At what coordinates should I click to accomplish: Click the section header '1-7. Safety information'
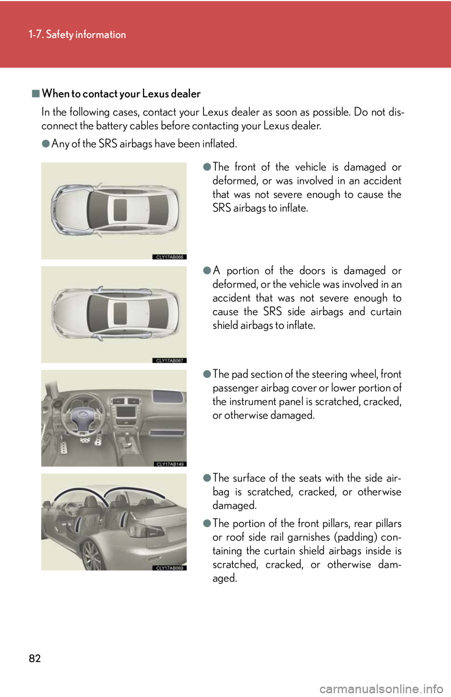pos(77,34)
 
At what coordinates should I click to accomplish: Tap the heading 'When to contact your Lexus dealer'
pos(121,93)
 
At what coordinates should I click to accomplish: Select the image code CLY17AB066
pos(170,257)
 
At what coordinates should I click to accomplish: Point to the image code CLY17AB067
pos(170,360)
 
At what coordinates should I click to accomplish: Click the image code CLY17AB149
pos(170,464)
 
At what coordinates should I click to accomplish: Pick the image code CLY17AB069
pos(170,568)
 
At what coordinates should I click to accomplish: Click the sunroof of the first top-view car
pos(120,210)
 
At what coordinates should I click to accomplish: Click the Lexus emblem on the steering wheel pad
pos(83,414)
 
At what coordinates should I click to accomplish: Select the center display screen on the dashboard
pos(126,411)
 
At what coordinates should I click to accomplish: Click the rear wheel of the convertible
pos(92,556)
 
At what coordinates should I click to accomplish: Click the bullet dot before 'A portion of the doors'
pos(207,271)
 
